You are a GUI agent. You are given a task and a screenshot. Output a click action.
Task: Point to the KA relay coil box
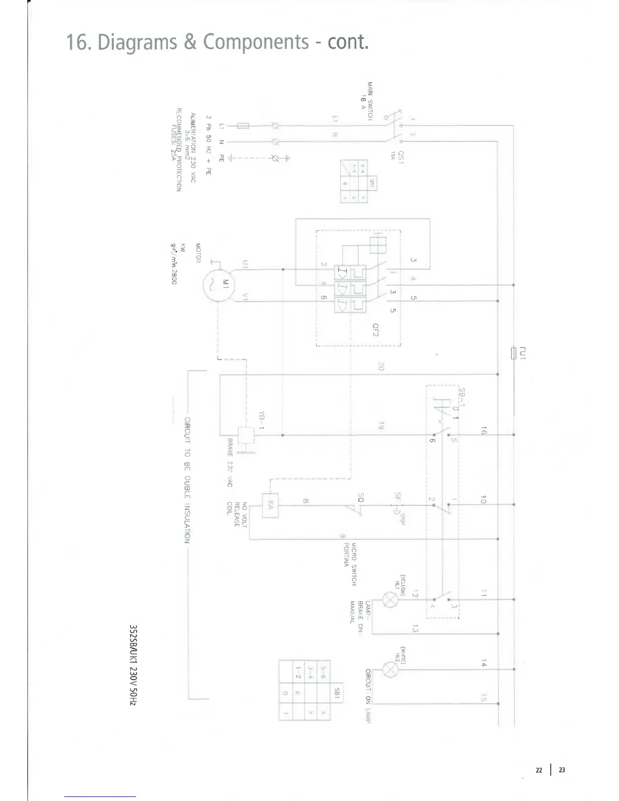tap(271, 505)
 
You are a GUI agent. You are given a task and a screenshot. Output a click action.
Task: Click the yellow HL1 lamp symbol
tap(390, 600)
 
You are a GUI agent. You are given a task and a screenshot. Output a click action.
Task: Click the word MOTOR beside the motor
tap(198, 253)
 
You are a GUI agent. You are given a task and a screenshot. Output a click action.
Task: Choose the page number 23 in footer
tap(562, 770)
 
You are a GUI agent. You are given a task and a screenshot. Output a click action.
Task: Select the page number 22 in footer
tap(539, 770)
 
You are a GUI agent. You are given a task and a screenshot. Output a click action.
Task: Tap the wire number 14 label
tap(484, 663)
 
